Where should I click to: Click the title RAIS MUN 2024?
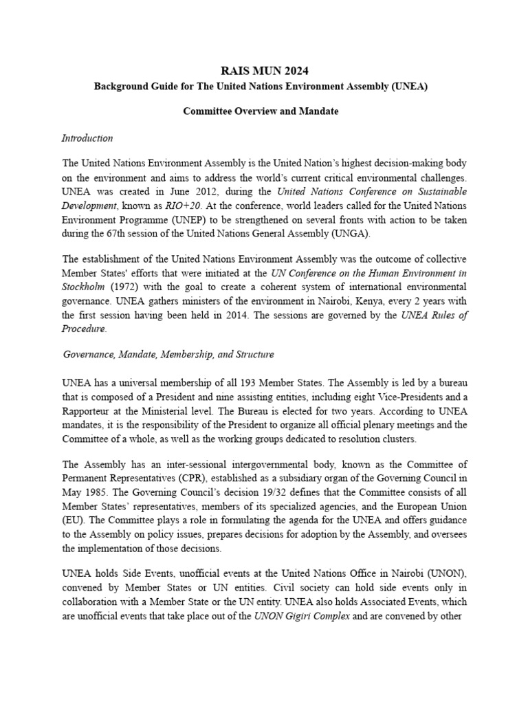264,70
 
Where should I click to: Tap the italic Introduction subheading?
87,138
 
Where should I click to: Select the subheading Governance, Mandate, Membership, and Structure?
168,355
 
